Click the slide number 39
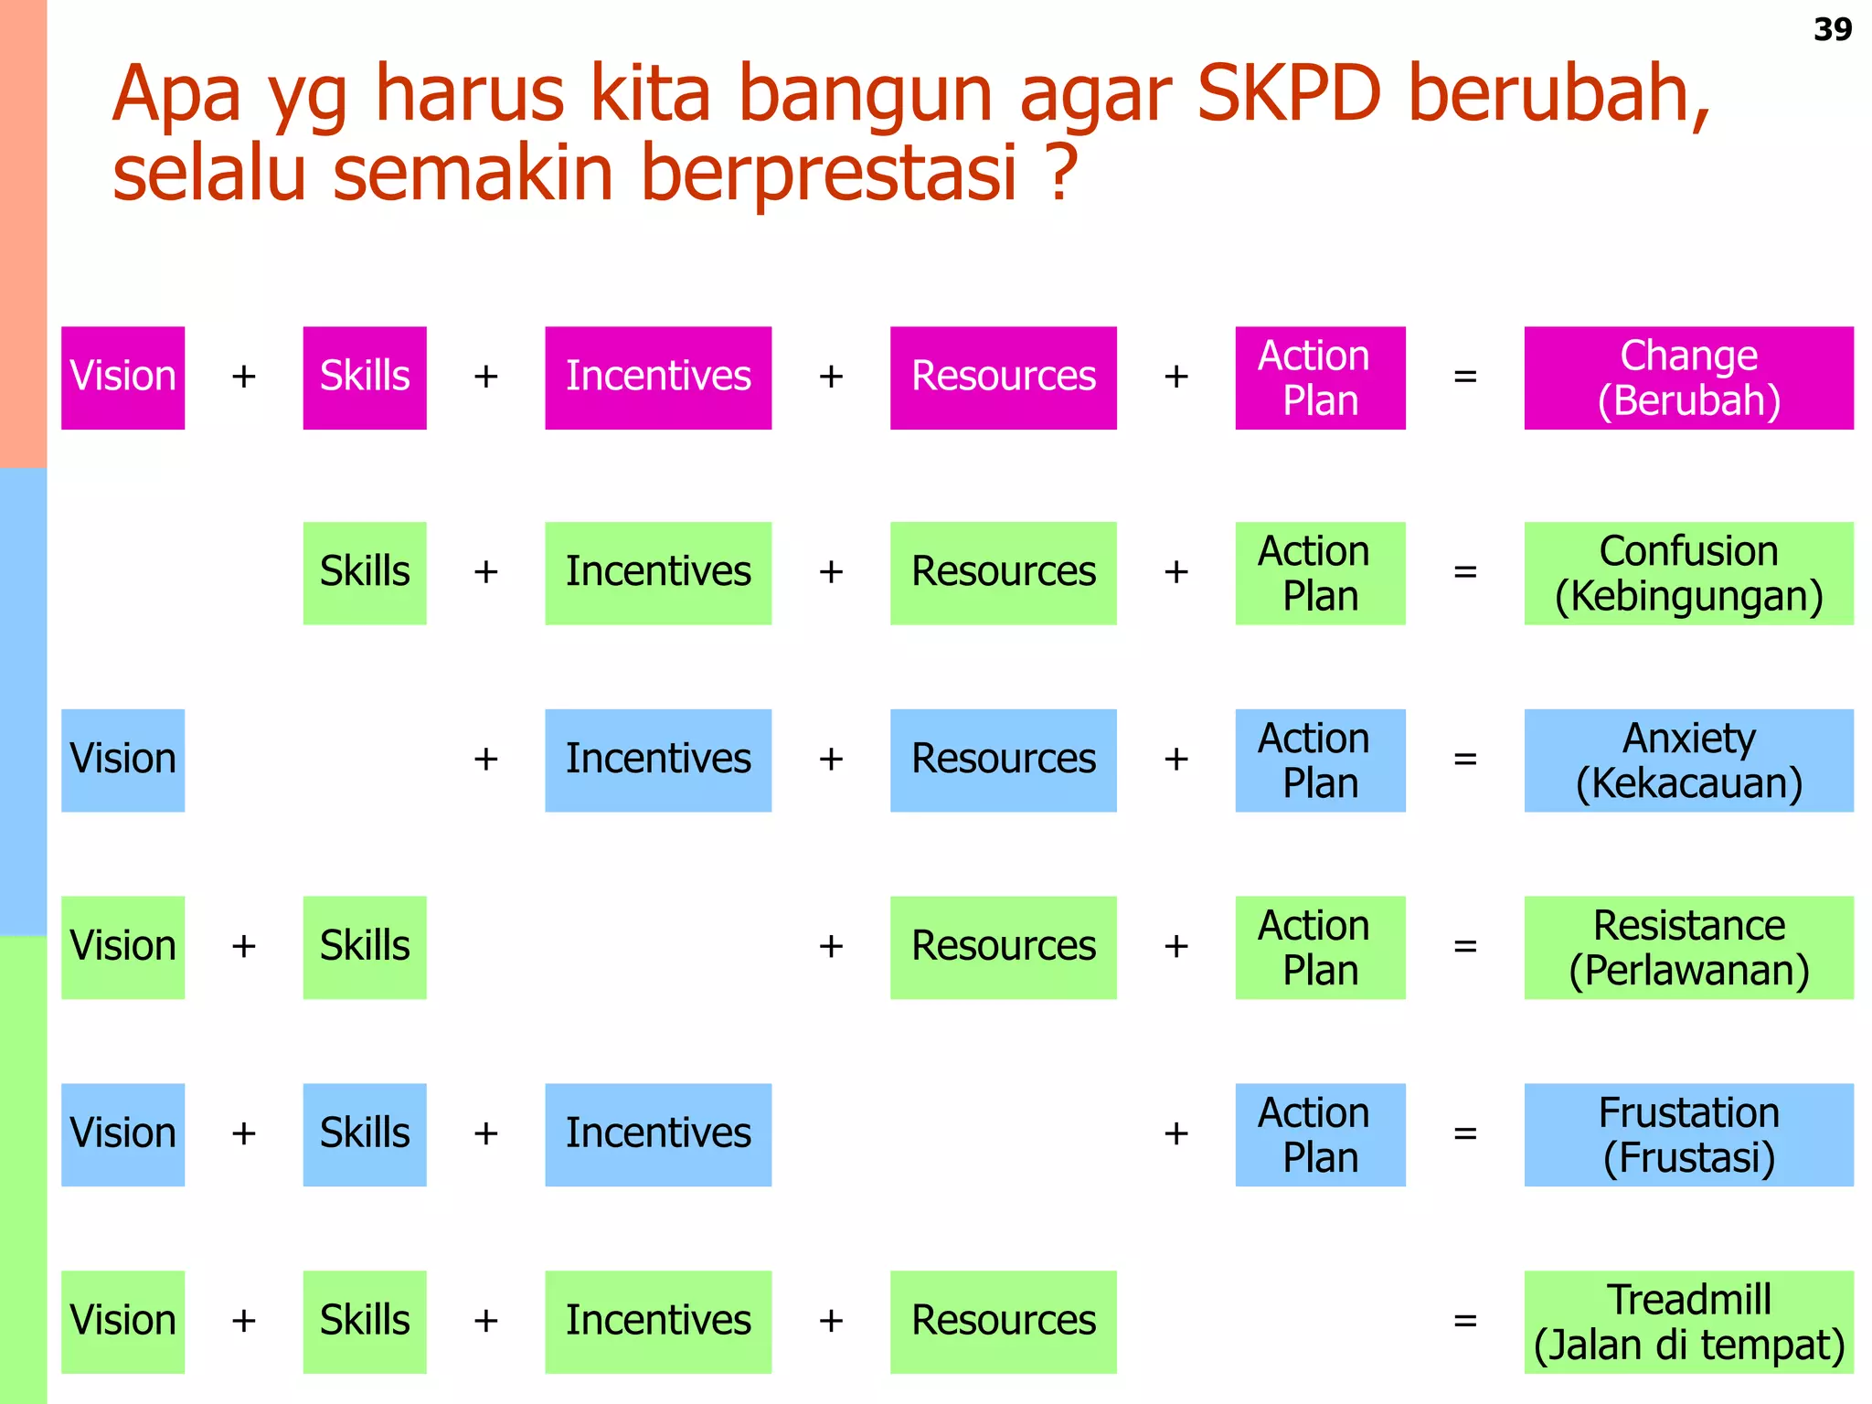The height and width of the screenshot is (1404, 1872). tap(1832, 29)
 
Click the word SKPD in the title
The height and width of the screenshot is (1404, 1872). tap(1288, 93)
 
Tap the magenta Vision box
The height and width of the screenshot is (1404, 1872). tap(122, 378)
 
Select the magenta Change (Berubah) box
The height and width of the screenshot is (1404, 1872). tap(1687, 378)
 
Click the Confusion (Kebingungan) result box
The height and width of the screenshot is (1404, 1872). tap(1687, 573)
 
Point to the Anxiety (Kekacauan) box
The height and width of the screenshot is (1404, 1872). tap(1687, 760)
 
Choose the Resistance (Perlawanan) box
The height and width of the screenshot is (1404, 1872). tap(1687, 947)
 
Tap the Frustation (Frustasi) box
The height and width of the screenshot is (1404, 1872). tap(1687, 1134)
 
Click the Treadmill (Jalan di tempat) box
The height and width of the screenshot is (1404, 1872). tap(1687, 1322)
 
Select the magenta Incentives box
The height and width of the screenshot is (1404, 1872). tap(658, 378)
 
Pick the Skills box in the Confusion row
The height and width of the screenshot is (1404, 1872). tap(365, 573)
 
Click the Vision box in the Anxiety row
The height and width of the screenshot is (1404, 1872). tap(122, 760)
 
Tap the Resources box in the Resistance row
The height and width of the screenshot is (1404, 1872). tap(1003, 947)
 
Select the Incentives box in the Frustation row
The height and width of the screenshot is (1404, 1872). tap(658, 1134)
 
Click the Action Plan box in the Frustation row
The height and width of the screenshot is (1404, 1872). tap(1320, 1134)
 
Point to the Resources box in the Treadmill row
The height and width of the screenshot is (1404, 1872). tap(1003, 1322)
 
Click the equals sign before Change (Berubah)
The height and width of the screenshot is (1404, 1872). tap(1464, 377)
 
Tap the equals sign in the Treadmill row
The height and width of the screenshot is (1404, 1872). tap(1464, 1321)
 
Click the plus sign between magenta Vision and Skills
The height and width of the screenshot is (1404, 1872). tap(243, 377)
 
